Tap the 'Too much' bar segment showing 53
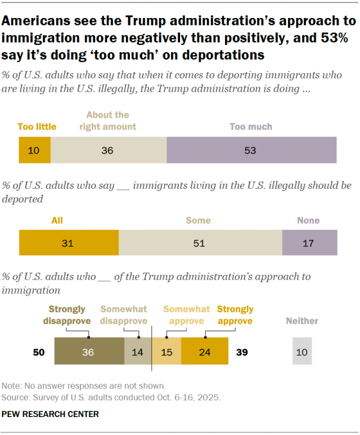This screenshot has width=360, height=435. click(251, 151)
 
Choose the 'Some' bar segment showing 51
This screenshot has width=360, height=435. click(200, 243)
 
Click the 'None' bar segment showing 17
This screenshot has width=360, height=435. click(309, 243)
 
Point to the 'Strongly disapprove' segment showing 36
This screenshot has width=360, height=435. click(89, 351)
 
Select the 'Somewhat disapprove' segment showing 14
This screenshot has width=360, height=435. click(138, 351)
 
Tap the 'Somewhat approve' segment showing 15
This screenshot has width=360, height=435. click(167, 351)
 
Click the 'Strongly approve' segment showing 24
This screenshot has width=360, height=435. click(205, 351)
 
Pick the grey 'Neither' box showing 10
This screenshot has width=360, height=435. click(302, 351)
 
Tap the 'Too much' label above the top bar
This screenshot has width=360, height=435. click(251, 126)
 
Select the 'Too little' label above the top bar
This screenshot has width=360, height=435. click(37, 126)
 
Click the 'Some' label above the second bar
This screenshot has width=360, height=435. click(198, 221)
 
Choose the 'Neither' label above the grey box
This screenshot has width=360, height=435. click(302, 321)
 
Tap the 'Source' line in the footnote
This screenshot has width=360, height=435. click(111, 397)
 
